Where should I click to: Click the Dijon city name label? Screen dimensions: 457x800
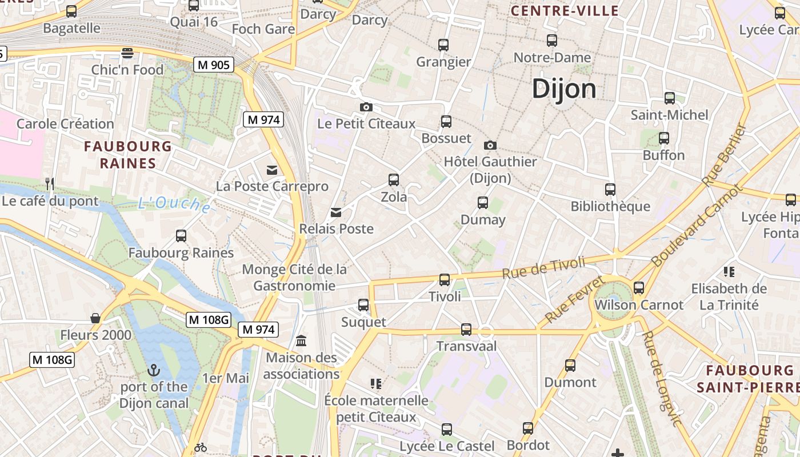click(x=564, y=89)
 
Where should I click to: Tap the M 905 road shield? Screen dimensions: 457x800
click(x=214, y=65)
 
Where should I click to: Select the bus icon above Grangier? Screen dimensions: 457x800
click(x=443, y=45)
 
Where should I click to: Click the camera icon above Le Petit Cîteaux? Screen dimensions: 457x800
click(x=366, y=107)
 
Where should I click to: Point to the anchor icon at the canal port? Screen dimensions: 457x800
click(x=153, y=370)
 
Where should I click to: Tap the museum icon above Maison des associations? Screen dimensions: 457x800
click(x=301, y=341)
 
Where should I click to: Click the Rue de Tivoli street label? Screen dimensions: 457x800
click(x=544, y=267)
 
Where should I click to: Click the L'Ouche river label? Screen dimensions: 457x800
click(x=174, y=204)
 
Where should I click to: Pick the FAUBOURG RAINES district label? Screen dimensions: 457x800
click(x=128, y=155)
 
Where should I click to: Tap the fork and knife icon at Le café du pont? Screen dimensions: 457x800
click(x=50, y=183)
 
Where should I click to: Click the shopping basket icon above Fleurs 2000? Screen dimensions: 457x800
click(x=95, y=318)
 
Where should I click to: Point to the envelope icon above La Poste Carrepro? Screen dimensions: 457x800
click(x=271, y=170)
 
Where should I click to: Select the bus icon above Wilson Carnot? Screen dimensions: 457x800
click(x=639, y=288)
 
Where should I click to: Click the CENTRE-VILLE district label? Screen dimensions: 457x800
click(x=565, y=11)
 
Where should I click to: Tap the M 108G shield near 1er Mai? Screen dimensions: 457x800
click(x=208, y=320)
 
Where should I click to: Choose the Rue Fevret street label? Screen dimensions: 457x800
click(x=574, y=299)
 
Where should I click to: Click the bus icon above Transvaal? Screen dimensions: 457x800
click(x=466, y=330)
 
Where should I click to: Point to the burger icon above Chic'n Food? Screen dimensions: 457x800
click(x=127, y=53)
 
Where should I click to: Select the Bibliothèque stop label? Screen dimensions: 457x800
click(x=610, y=206)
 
